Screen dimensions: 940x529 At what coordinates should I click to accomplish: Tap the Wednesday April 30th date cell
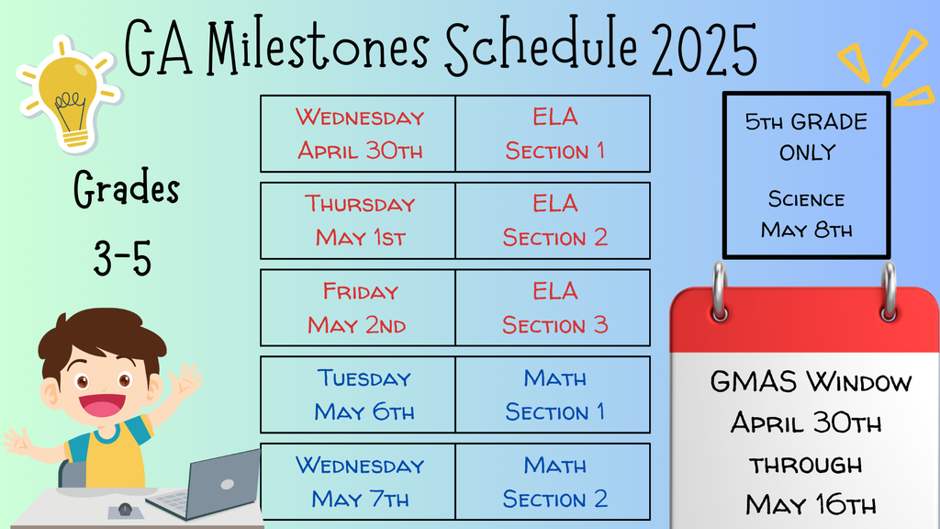(x=358, y=134)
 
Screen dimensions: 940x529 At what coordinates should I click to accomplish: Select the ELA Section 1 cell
(x=553, y=134)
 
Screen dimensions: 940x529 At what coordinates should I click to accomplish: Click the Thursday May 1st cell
(x=358, y=220)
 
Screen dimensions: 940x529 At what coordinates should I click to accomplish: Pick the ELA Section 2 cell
(x=553, y=220)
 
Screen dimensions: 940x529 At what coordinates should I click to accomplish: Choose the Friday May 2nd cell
(x=358, y=308)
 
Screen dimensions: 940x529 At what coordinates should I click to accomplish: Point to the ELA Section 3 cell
(x=553, y=308)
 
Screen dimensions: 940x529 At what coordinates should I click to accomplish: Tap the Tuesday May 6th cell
(x=358, y=395)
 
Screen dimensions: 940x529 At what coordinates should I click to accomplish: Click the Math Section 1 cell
(x=553, y=395)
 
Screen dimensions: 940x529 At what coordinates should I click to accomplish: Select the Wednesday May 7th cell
(x=358, y=481)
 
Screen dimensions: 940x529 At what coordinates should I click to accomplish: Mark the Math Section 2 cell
(x=553, y=481)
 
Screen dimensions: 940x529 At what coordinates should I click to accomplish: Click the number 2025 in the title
(x=704, y=50)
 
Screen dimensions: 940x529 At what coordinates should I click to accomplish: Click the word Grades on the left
(x=127, y=189)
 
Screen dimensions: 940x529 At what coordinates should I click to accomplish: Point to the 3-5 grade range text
(x=122, y=258)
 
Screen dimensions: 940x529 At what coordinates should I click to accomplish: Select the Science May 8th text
(x=806, y=215)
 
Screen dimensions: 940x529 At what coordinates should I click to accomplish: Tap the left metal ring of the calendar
(x=720, y=292)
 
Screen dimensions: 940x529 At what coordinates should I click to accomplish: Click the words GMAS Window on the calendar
(x=811, y=381)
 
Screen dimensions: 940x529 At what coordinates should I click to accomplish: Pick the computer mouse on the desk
(x=125, y=509)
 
